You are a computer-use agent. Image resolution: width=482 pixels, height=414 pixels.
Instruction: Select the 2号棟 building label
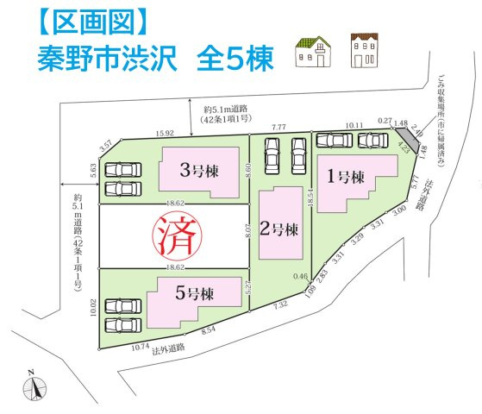point(281,229)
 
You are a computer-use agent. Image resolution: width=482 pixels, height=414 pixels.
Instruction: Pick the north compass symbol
point(32,389)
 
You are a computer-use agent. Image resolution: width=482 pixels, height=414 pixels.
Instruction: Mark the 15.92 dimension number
point(166,133)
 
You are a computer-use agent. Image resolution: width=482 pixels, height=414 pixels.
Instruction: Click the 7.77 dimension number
point(279,127)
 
